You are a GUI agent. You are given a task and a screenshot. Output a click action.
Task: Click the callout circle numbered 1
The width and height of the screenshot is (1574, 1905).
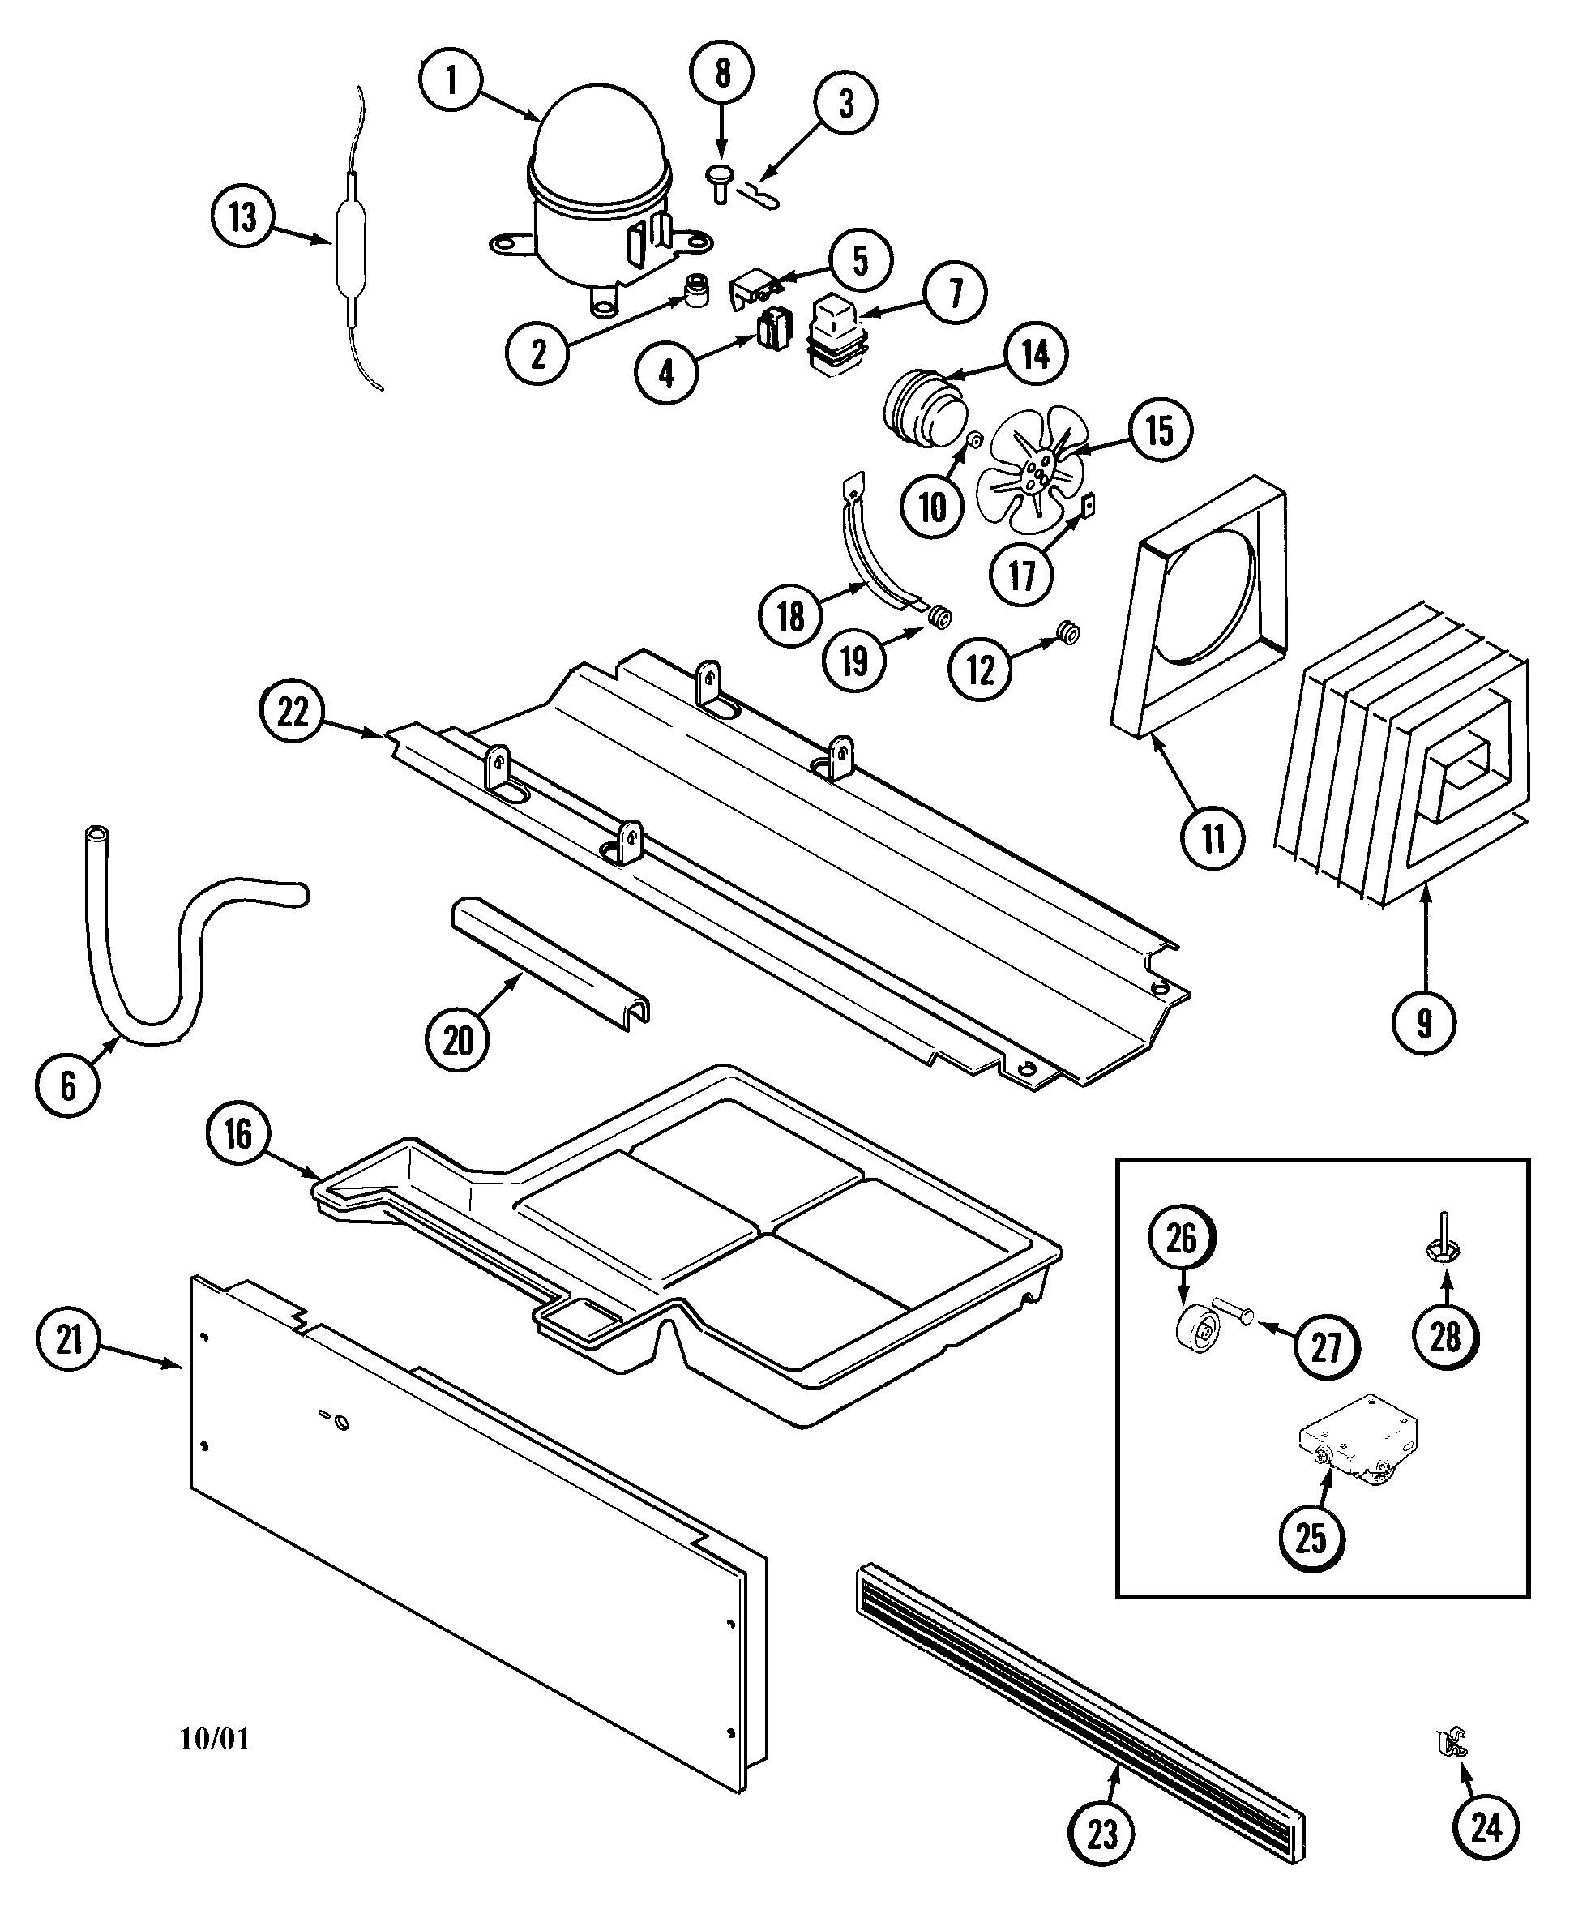451,79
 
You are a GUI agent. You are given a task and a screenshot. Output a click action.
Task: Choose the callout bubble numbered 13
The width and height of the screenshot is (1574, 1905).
242,217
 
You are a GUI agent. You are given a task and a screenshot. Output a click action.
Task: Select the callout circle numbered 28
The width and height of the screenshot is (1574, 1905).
1445,1337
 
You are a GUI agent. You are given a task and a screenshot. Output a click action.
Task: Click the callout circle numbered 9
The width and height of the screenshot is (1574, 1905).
1424,1023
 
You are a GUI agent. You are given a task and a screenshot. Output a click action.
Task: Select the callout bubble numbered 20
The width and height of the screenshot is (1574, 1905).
457,1041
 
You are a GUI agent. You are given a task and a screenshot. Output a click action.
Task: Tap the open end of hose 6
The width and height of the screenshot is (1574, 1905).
95,833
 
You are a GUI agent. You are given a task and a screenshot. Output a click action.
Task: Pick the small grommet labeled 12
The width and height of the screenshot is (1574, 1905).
1069,632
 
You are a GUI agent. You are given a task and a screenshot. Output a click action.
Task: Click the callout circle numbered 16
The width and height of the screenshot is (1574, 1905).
237,1133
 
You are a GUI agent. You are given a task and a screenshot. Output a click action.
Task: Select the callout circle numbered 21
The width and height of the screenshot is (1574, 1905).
69,1339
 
